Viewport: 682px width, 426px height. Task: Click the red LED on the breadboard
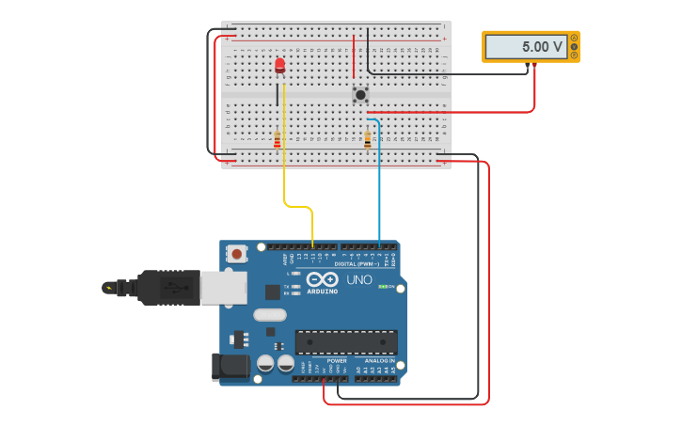tap(279, 64)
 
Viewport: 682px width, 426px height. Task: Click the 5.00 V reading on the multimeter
tap(528, 46)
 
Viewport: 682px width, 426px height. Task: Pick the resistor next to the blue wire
tap(368, 139)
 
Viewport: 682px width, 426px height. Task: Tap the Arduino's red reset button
tap(237, 253)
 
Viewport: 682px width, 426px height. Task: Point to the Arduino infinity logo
tap(322, 279)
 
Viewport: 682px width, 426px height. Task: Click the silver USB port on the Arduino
tap(223, 287)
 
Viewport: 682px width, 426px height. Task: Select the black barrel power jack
tap(230, 367)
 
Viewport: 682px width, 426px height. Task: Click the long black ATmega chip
tap(346, 342)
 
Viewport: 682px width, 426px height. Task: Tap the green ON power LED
tap(383, 287)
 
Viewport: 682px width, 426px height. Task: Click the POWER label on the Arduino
tap(337, 361)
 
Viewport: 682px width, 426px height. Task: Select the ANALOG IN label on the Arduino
tap(379, 361)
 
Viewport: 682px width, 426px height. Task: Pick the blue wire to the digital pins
tap(379, 188)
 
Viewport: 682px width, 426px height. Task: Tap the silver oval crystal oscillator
tap(269, 316)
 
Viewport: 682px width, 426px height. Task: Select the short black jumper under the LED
tap(278, 94)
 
